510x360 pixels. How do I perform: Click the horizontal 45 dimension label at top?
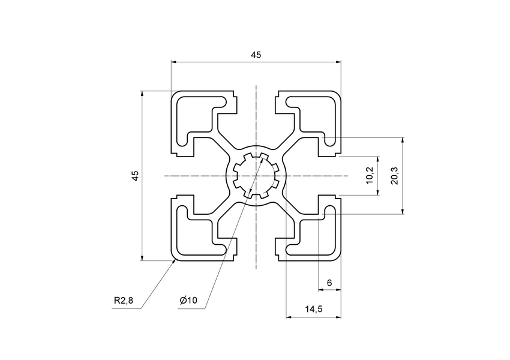[256, 55]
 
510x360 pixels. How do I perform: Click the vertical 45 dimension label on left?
[136, 176]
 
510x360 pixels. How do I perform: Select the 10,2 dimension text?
[370, 176]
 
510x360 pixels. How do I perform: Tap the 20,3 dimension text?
[394, 176]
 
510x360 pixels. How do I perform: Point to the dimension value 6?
[329, 283]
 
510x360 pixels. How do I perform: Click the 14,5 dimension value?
[313, 309]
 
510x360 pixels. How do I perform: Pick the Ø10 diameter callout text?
[188, 301]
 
